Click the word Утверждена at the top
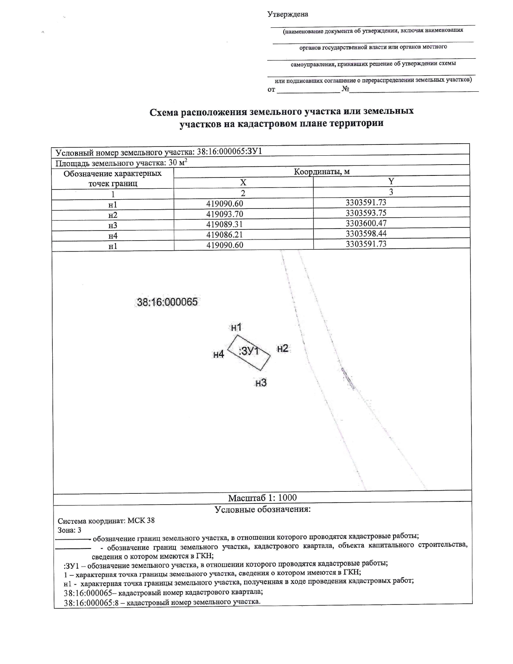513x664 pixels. pos(288,14)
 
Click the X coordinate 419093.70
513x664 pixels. pos(225,214)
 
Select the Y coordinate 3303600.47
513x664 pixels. pos(366,223)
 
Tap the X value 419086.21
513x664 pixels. pos(225,235)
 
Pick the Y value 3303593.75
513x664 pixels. pos(366,213)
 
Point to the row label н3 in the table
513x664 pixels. pos(113,225)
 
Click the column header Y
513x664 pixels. pos(391,181)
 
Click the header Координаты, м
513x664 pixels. pos(321,172)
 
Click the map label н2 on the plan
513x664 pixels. pos(283,348)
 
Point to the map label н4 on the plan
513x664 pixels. pos(218,355)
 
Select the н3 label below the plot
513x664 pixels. pos(261,383)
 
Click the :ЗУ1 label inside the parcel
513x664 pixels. pos(249,351)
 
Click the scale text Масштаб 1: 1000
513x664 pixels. pos(262,498)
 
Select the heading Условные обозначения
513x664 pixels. pos(263,509)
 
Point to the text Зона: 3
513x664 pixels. pos(70,530)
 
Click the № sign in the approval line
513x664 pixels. pos(345,89)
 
